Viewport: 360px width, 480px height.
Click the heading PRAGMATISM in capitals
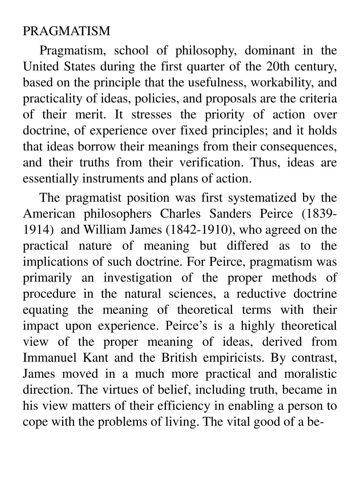click(x=66, y=31)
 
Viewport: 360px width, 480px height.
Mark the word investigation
click(x=138, y=278)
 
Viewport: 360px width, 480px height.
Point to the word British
click(x=179, y=358)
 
